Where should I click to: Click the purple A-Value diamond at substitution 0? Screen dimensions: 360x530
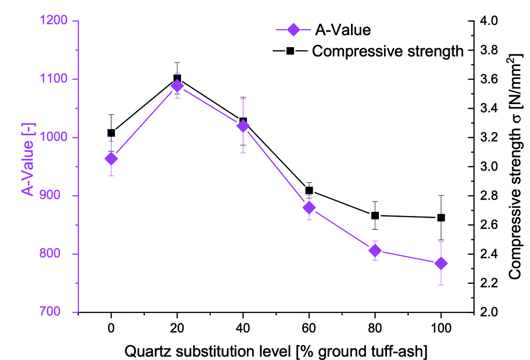point(111,159)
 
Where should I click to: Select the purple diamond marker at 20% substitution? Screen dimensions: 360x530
point(177,85)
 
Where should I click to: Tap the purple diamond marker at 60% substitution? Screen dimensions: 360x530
point(309,208)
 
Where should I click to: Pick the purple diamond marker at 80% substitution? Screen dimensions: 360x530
point(375,251)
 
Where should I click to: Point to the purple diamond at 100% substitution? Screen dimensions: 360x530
point(441,264)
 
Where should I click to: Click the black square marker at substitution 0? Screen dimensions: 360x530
point(111,133)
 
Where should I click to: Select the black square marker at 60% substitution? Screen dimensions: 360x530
point(309,191)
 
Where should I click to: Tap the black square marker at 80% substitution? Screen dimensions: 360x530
point(375,215)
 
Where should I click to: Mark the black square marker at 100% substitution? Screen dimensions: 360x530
point(441,218)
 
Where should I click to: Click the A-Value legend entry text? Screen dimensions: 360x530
point(343,30)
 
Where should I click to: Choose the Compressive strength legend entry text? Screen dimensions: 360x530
point(388,51)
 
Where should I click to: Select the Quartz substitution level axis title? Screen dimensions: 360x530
point(276,351)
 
